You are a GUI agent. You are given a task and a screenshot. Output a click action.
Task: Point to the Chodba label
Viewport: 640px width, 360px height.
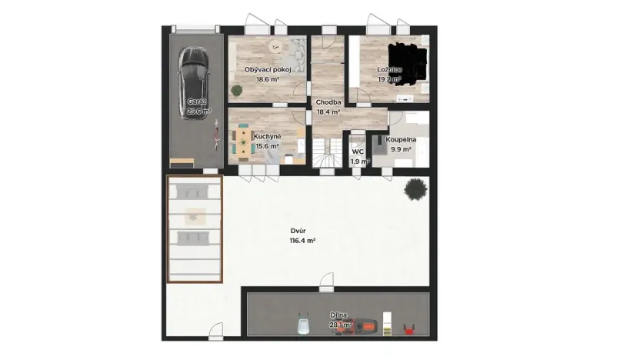tap(328, 102)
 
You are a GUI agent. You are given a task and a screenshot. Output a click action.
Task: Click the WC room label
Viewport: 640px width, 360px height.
tap(358, 152)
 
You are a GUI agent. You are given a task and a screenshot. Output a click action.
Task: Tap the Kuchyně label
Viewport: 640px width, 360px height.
tap(267, 136)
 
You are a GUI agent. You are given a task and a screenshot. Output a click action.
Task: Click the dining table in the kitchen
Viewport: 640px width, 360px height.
tap(244, 142)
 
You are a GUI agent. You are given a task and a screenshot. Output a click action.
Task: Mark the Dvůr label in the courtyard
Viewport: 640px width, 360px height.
tap(299, 231)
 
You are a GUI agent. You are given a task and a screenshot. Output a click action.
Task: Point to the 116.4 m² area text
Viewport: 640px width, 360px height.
tap(302, 241)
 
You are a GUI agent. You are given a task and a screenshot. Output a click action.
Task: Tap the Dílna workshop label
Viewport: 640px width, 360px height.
tap(338, 315)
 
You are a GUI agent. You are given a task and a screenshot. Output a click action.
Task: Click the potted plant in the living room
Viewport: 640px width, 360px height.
tap(237, 90)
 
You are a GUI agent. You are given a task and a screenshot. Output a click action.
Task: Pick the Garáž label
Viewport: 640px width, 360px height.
tap(198, 102)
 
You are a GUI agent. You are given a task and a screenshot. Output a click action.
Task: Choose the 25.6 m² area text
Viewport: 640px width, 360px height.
tap(198, 111)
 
